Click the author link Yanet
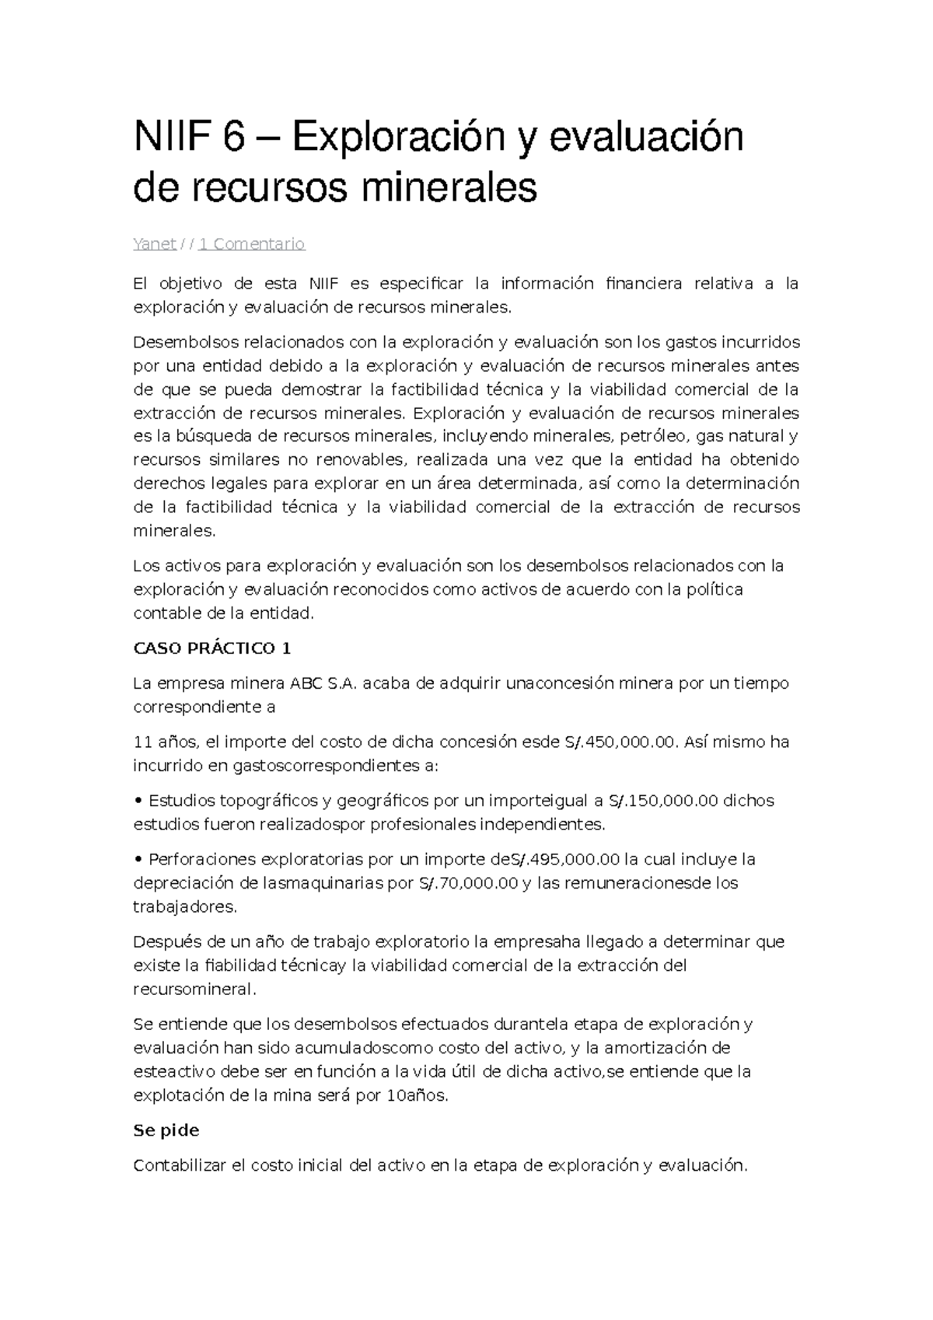point(154,244)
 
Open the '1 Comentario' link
point(252,244)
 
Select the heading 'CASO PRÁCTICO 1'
point(212,648)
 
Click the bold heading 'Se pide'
point(166,1131)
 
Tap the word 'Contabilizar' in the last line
point(180,1166)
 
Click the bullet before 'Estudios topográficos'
point(138,801)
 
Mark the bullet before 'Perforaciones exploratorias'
point(138,861)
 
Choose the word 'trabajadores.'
point(185,907)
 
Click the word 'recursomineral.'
point(194,990)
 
